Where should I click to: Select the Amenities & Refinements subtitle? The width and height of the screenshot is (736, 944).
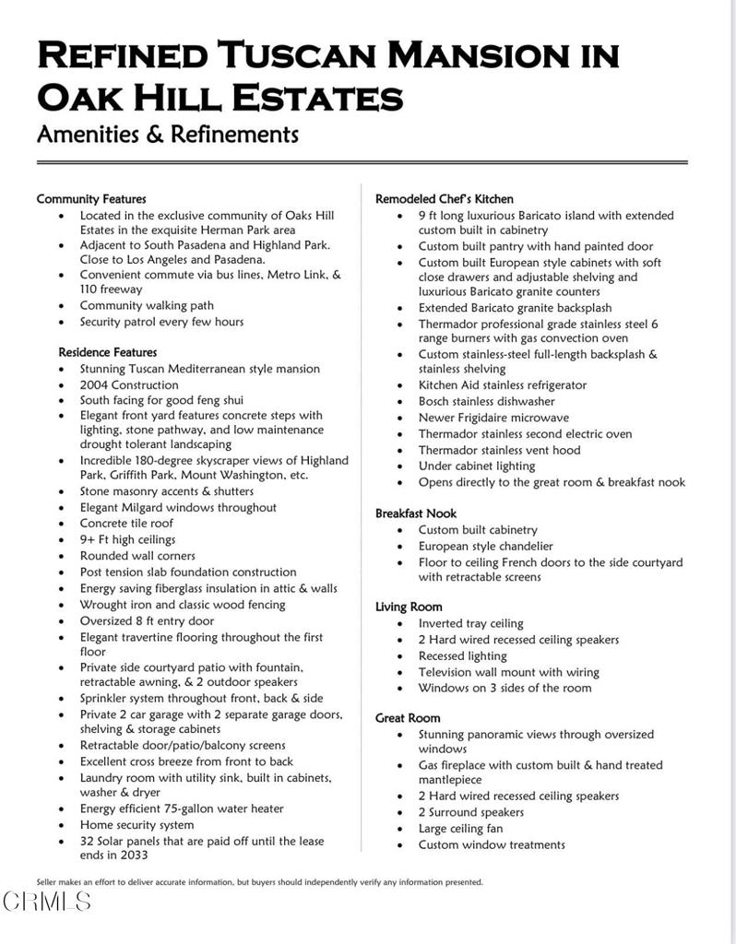point(167,135)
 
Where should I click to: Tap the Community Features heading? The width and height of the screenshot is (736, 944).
point(91,199)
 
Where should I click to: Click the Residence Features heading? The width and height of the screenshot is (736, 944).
point(108,352)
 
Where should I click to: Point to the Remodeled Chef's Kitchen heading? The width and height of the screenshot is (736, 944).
point(445,199)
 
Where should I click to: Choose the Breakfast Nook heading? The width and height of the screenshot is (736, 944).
point(416,513)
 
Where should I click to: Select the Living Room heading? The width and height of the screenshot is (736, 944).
point(409,607)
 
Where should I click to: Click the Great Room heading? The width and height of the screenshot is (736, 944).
point(408,718)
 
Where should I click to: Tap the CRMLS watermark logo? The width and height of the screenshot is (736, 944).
point(47,902)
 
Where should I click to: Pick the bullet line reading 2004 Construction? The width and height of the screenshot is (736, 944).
point(129,385)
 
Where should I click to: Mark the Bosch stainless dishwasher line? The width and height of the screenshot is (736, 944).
point(486,402)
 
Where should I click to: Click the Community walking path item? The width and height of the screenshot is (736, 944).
point(147,306)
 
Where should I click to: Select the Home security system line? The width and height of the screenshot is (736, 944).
point(137,825)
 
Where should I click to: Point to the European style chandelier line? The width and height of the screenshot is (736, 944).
point(485,547)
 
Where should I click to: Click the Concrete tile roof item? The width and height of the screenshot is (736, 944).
point(126,524)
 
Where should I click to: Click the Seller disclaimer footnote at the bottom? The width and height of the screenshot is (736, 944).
point(259,882)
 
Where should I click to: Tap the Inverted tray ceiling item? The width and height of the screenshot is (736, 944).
point(470,624)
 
